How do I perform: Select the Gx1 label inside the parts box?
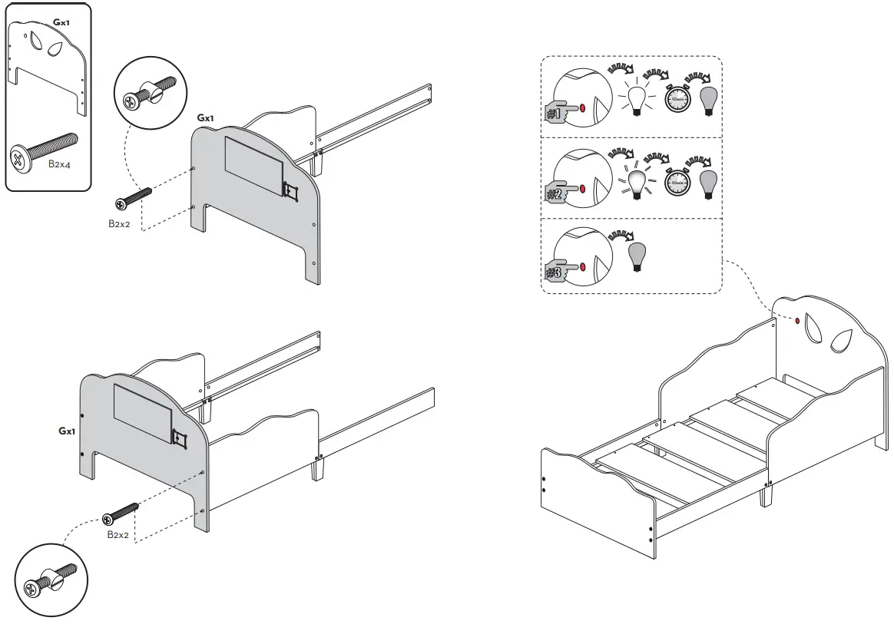pyautogui.click(x=60, y=23)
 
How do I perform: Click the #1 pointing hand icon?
pyautogui.click(x=557, y=109)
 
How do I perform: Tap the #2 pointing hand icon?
pyautogui.click(x=557, y=190)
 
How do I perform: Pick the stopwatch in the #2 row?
pyautogui.click(x=677, y=183)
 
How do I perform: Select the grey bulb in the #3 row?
pyautogui.click(x=636, y=255)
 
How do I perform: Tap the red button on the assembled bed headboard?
pyautogui.click(x=797, y=320)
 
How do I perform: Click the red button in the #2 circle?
pyautogui.click(x=582, y=187)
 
